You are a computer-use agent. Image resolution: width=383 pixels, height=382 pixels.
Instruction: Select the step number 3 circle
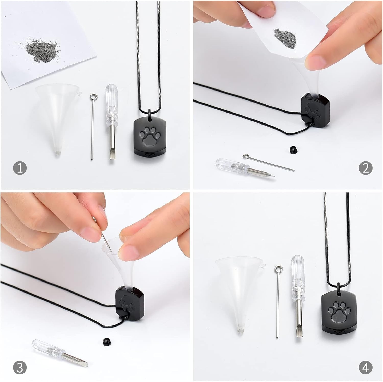pyautogui.click(x=20, y=368)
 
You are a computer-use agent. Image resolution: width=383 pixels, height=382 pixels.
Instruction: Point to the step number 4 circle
pyautogui.click(x=365, y=368)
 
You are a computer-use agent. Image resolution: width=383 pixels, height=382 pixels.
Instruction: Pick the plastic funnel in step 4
pyautogui.click(x=239, y=293)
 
